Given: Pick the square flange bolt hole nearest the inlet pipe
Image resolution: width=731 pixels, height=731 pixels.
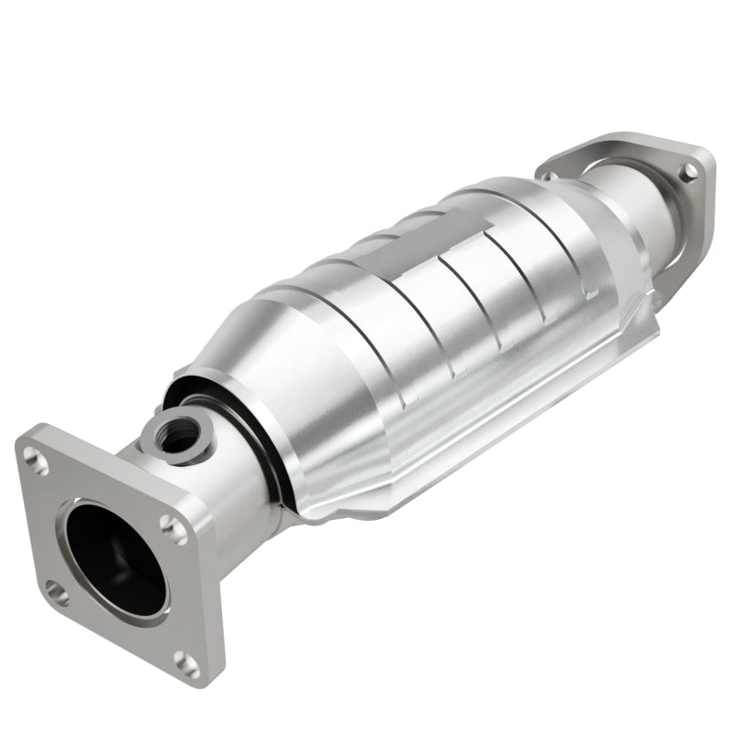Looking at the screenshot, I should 171,524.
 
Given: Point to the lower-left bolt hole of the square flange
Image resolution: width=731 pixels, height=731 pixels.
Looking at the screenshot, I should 57,594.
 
